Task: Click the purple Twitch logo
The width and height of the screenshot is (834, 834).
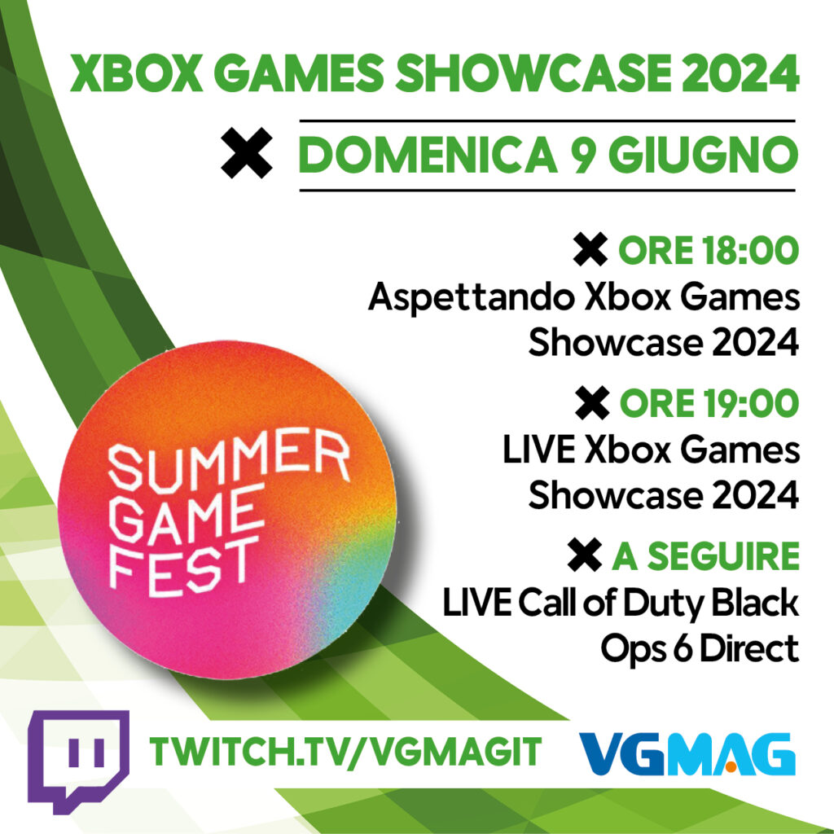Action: click(78, 761)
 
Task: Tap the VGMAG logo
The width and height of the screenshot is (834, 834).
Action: click(687, 753)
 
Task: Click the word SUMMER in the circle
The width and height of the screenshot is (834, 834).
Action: click(229, 461)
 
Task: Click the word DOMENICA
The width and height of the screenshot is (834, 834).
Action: click(428, 155)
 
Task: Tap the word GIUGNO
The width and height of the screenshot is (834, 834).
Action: click(703, 155)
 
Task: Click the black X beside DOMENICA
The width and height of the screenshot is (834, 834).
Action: click(247, 153)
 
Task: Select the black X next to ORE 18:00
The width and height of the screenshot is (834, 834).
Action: click(590, 249)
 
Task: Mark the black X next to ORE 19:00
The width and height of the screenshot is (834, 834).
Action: click(592, 403)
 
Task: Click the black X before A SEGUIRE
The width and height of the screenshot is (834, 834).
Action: click(585, 555)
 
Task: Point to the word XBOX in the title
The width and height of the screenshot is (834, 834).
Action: click(136, 72)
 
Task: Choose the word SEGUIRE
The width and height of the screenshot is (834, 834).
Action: click(723, 556)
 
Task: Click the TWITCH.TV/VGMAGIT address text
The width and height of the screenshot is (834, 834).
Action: click(345, 752)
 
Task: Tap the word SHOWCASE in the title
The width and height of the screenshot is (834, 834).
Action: click(533, 72)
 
